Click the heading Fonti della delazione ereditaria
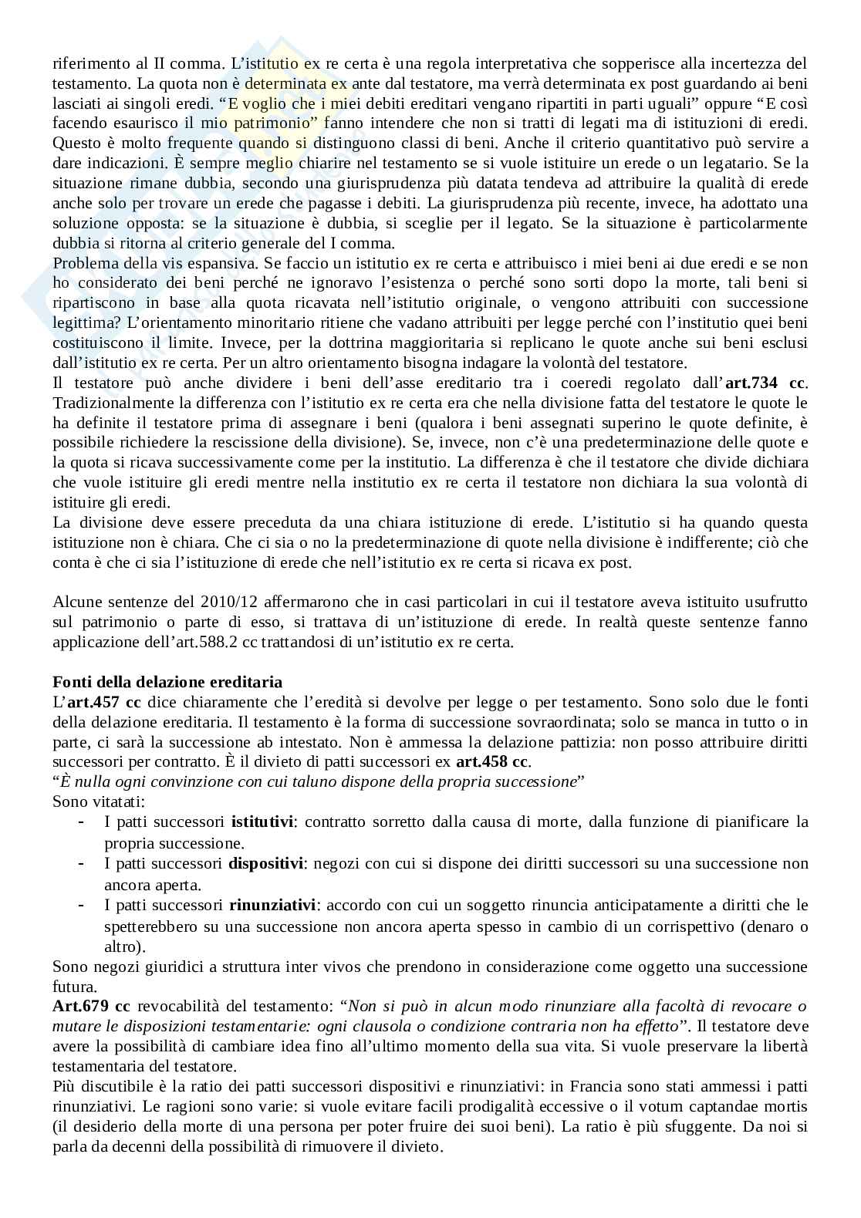pos(167,682)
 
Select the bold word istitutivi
pos(262,822)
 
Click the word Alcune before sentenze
pos(76,602)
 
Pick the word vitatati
pos(113,801)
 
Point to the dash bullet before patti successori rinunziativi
pos(82,904)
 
